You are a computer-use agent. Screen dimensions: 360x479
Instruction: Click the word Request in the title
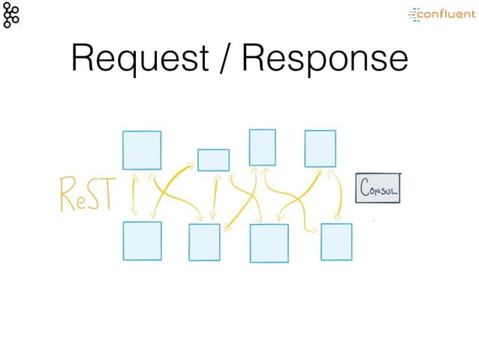(139, 59)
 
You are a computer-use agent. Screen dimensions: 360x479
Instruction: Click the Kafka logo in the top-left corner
(11, 14)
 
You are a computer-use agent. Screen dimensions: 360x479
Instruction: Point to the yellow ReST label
(86, 195)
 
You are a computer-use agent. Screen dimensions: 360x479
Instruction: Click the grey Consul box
(378, 189)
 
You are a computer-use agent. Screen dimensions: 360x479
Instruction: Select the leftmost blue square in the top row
(141, 150)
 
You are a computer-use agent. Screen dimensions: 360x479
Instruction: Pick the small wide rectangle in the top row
(213, 160)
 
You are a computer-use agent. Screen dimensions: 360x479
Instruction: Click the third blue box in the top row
(262, 147)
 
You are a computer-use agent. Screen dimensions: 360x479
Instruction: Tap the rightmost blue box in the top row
(320, 149)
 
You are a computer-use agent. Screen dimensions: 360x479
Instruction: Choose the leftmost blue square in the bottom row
(142, 241)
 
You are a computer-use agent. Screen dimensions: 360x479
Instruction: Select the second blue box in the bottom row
(204, 242)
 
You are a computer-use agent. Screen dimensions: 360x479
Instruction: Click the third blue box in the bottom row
(269, 244)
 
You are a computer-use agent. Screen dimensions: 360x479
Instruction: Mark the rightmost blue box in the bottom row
(336, 241)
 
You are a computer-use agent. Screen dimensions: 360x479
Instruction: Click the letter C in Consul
(364, 188)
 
